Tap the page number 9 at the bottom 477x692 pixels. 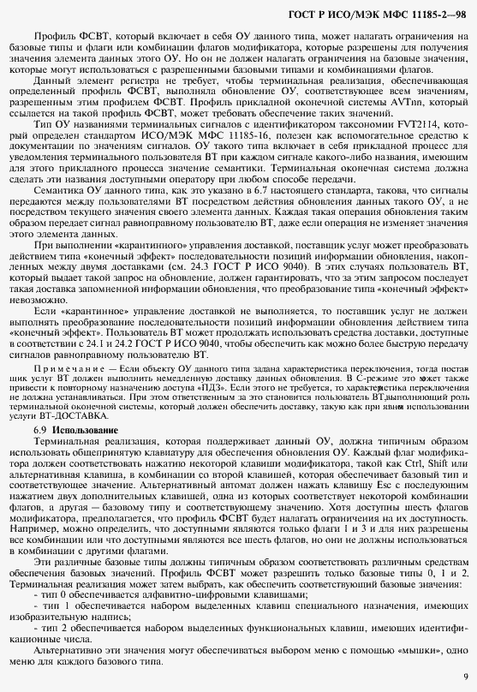[464, 675]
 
